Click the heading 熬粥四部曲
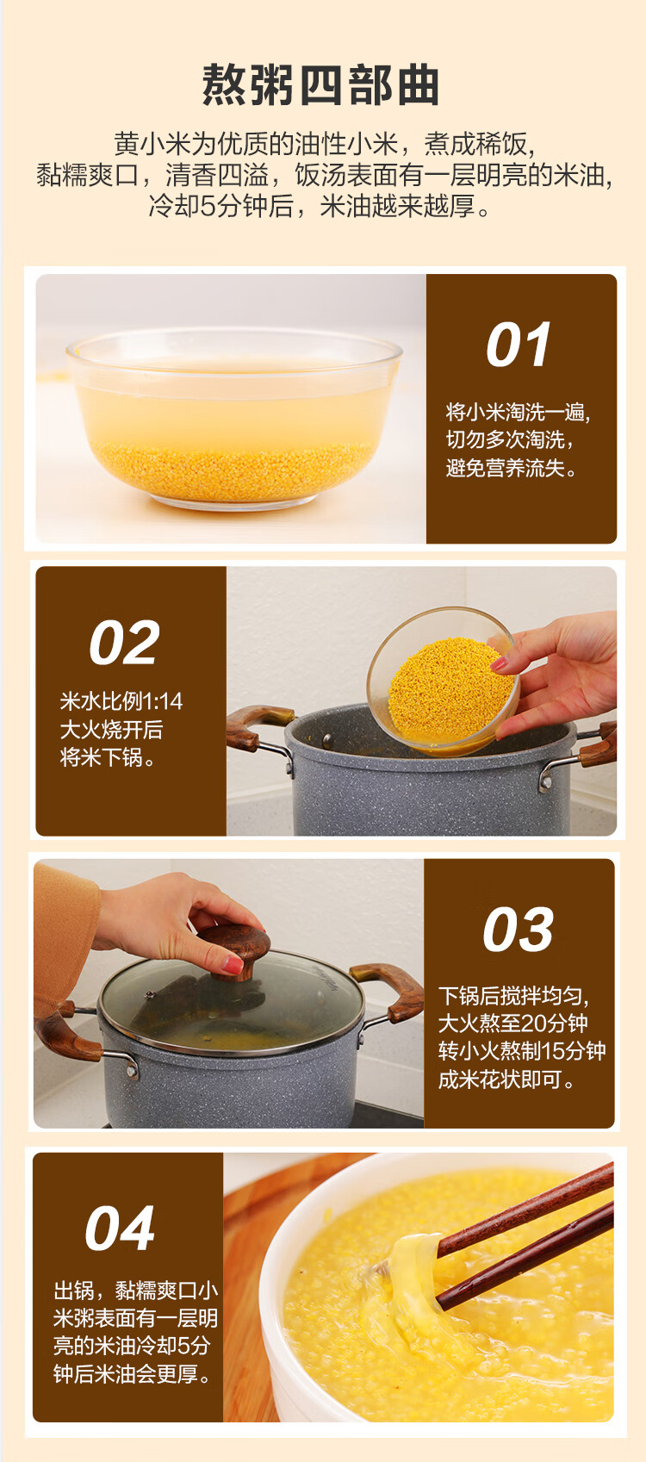point(320,84)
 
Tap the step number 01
point(519,345)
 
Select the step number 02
point(124,643)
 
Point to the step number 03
point(519,930)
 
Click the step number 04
point(120,1229)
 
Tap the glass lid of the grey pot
point(231,1002)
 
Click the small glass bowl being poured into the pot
point(444,681)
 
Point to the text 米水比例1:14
point(121,701)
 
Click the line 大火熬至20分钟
point(512,1023)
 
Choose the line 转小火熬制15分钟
point(522,1051)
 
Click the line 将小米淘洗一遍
point(519,412)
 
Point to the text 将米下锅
point(108,758)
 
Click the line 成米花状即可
point(506,1079)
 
